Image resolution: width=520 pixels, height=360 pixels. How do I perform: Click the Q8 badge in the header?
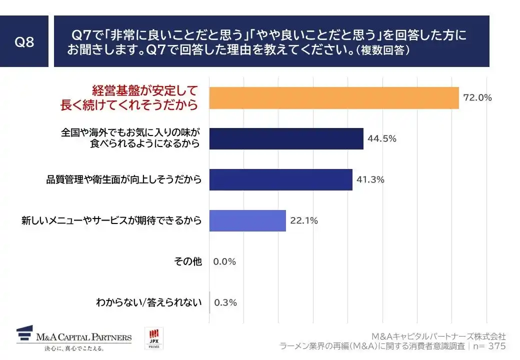[24, 42]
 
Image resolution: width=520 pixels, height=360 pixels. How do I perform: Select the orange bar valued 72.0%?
[333, 98]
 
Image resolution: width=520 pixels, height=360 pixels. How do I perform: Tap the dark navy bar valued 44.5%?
[286, 138]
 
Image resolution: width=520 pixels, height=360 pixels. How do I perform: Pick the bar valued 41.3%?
[280, 179]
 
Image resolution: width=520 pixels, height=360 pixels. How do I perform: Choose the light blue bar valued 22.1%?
[247, 220]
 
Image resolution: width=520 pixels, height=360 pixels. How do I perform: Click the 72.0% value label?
[477, 98]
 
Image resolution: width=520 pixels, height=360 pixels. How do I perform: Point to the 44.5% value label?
[381, 139]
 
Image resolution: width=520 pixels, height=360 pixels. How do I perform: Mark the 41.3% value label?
[370, 179]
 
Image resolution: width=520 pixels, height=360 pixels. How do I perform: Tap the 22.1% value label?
[303, 220]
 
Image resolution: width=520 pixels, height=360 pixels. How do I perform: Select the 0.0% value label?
[224, 261]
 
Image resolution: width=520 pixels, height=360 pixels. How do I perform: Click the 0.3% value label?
[225, 302]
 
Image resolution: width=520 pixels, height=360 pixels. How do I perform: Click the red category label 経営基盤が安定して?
[144, 91]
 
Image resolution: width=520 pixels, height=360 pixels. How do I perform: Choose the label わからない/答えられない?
[148, 302]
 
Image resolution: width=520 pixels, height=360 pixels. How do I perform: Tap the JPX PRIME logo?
[153, 338]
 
